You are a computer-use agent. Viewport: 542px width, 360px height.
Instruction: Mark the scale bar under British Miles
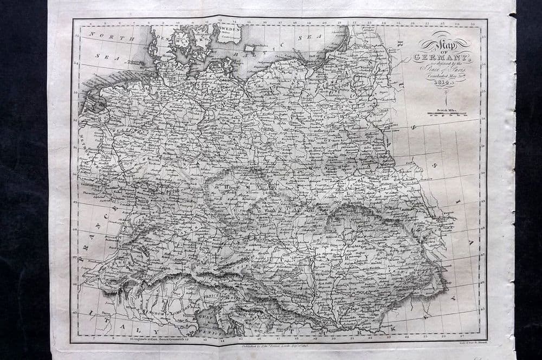coord(444,114)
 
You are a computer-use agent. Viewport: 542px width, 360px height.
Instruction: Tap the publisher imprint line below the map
coord(274,344)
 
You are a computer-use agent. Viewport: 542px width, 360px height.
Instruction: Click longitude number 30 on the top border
coord(472,23)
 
